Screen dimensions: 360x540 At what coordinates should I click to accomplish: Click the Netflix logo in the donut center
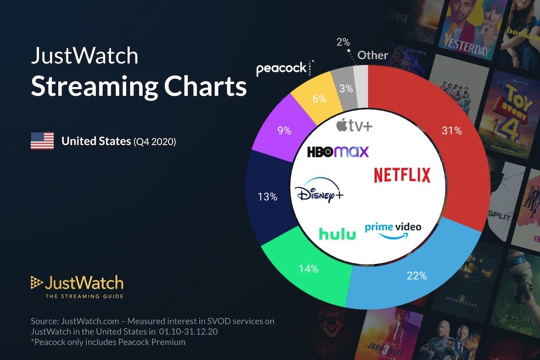[x=402, y=175]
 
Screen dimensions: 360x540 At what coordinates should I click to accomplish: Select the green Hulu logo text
[x=337, y=233]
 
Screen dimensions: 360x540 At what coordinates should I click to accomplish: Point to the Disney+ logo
[x=320, y=192]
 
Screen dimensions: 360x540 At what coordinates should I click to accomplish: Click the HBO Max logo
[x=338, y=152]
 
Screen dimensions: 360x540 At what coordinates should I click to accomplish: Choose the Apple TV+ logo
[x=354, y=126]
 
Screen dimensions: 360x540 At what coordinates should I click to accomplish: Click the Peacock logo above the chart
[x=281, y=69]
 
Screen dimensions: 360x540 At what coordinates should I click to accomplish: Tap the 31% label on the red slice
[x=451, y=131]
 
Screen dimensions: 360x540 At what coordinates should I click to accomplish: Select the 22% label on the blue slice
[x=416, y=275]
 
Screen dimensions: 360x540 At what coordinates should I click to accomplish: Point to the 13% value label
[x=267, y=197]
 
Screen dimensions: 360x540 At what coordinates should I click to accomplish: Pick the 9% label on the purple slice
[x=284, y=130]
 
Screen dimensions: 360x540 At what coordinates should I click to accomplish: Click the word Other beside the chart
[x=373, y=55]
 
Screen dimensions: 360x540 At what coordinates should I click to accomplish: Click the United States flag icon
[x=42, y=141]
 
